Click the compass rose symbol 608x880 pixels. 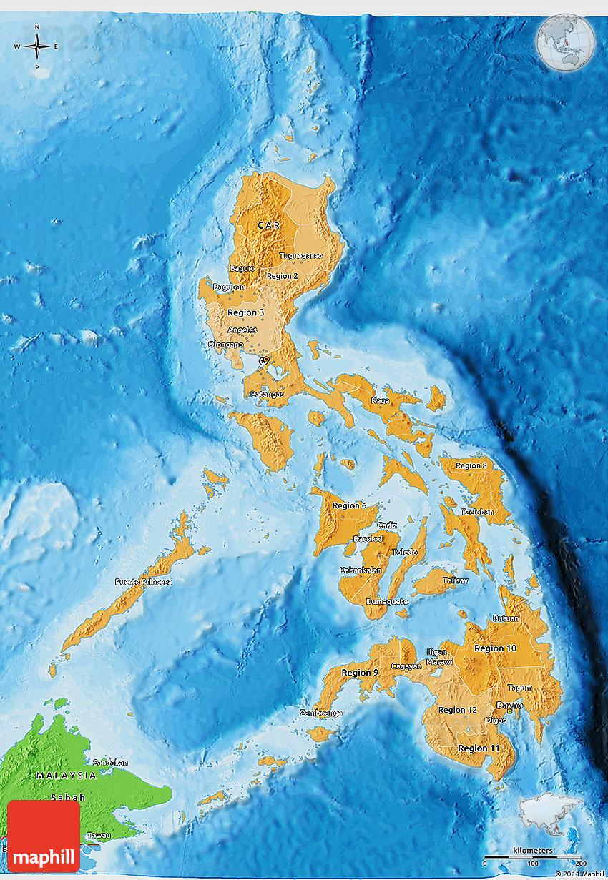tap(36, 47)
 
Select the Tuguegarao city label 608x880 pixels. tap(300, 255)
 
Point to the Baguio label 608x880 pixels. tap(242, 268)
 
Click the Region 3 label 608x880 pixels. tap(245, 312)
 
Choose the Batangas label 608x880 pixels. tap(268, 394)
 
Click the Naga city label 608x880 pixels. tap(380, 400)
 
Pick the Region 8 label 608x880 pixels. tap(471, 466)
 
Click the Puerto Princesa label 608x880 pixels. tap(143, 582)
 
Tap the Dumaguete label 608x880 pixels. tap(386, 601)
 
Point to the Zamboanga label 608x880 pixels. tap(321, 713)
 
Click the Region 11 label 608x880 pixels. tap(479, 748)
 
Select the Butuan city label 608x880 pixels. tap(506, 618)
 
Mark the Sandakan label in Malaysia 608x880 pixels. tap(110, 762)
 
